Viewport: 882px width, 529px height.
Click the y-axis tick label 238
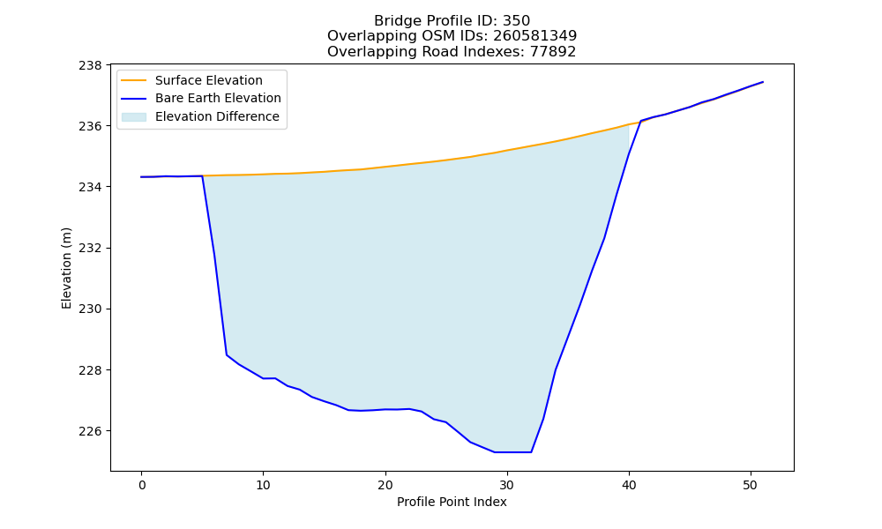click(x=91, y=65)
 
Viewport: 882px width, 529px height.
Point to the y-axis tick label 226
click(x=91, y=431)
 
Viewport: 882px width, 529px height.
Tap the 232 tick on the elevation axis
click(x=91, y=248)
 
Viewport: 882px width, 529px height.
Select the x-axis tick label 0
click(x=141, y=485)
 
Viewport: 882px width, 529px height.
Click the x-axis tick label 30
click(x=507, y=485)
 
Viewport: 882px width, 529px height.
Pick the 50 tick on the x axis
click(x=751, y=485)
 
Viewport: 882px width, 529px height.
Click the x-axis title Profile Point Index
click(x=452, y=502)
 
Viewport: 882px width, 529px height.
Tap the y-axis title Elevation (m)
click(x=66, y=268)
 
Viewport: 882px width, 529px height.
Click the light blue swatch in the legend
click(x=134, y=117)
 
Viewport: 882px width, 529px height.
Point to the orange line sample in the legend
click(x=134, y=80)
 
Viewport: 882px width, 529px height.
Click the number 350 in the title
click(x=516, y=21)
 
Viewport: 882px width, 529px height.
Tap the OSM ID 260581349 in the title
click(x=535, y=36)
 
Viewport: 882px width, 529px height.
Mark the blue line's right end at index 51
click(x=763, y=82)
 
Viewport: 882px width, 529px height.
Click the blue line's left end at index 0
click(x=141, y=176)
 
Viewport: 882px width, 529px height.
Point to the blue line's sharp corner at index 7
click(x=227, y=354)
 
